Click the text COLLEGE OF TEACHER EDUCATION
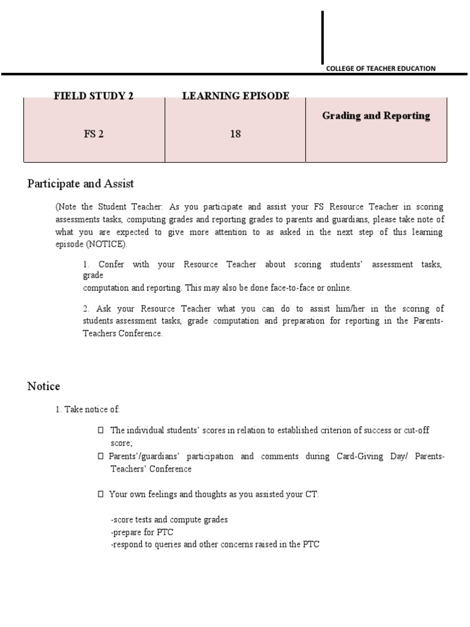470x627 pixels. tap(381, 69)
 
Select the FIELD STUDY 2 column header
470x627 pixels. tap(94, 96)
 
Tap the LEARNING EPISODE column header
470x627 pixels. tap(236, 96)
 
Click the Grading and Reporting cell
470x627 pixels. tap(376, 116)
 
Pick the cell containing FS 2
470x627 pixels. tap(94, 134)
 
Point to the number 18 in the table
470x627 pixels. tap(236, 134)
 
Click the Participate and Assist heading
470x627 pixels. tap(81, 184)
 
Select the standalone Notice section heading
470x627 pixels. tap(43, 386)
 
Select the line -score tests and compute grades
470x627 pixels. tap(169, 519)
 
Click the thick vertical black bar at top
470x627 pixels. tap(323, 37)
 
